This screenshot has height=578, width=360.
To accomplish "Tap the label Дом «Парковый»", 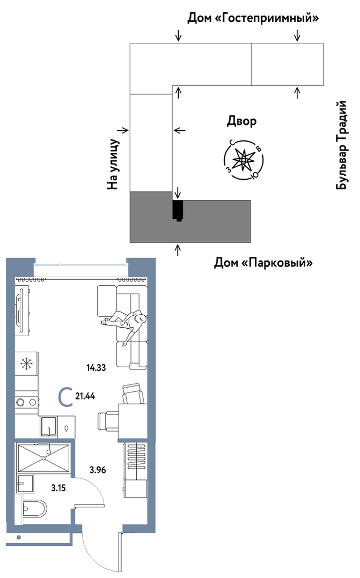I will click(x=263, y=263).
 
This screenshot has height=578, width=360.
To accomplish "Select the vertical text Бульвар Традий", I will click(x=342, y=145).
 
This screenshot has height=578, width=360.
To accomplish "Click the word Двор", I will click(x=241, y=121).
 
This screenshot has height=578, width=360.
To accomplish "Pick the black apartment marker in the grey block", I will click(x=178, y=210).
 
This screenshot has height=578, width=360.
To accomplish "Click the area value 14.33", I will click(x=95, y=368).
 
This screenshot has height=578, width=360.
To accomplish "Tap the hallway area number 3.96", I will click(x=98, y=470).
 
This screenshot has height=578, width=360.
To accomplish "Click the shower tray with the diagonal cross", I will click(x=44, y=458).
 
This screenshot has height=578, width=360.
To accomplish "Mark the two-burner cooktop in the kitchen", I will click(x=26, y=402).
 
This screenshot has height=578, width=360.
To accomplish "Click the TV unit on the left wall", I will click(x=21, y=311).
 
